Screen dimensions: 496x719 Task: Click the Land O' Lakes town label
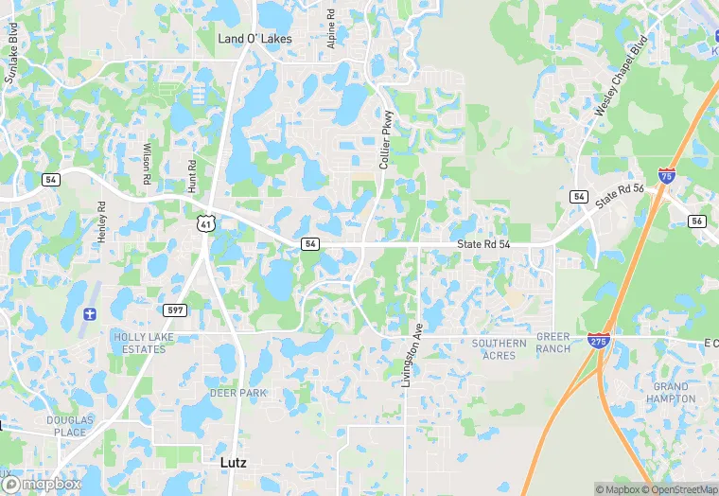[x=254, y=40]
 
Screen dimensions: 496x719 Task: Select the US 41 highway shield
[x=205, y=223]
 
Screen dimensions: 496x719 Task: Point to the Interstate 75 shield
[x=667, y=176]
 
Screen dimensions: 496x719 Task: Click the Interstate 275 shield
[x=598, y=340]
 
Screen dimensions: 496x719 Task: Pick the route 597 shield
[x=175, y=310]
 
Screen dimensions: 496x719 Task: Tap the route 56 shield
[x=697, y=221]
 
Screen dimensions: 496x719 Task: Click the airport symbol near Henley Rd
[x=91, y=314]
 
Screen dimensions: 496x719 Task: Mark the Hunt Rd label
[x=192, y=176]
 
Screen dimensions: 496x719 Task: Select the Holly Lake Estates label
[x=138, y=343]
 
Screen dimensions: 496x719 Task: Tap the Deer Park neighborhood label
[x=238, y=393]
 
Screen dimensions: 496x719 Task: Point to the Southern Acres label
[x=499, y=349]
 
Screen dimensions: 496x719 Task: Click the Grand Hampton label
[x=672, y=393]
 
